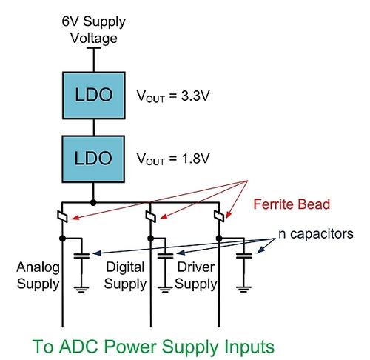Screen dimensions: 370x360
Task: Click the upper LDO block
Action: [x=94, y=96]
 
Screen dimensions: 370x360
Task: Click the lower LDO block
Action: [x=93, y=159]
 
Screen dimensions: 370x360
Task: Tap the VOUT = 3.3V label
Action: [x=173, y=96]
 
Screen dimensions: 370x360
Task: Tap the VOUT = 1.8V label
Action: [x=173, y=159]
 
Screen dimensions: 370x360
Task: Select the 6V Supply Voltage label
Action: [x=94, y=30]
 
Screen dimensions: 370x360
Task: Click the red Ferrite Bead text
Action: [x=292, y=204]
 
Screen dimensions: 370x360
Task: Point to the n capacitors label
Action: [x=316, y=234]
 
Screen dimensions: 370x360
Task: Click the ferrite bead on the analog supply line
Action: [x=62, y=216]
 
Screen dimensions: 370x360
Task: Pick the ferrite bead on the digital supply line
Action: [x=151, y=216]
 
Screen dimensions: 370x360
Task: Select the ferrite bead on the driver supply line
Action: [x=219, y=216]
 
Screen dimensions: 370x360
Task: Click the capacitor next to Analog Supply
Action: [x=81, y=256]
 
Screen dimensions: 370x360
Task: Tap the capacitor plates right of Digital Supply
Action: [x=166, y=256]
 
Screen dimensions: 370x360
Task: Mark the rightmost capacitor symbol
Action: [x=244, y=256]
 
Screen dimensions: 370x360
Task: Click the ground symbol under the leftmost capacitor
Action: [x=81, y=290]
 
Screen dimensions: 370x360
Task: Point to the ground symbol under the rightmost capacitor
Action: [x=243, y=290]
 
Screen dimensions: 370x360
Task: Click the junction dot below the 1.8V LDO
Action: [x=93, y=203]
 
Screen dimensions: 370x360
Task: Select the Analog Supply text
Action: [x=38, y=276]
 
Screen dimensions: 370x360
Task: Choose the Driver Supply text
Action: [x=196, y=276]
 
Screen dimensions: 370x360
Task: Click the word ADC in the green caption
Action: [x=79, y=346]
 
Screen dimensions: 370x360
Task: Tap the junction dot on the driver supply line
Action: [x=219, y=239]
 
